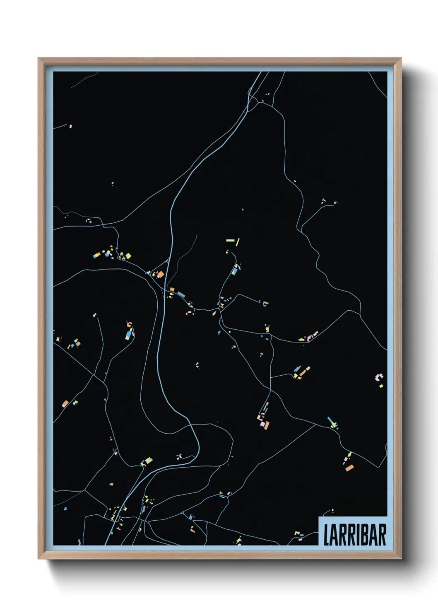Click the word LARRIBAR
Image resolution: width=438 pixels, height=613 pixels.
(x=354, y=535)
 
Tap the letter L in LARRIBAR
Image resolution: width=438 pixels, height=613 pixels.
(x=326, y=535)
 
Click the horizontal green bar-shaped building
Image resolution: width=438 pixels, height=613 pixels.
(x=230, y=240)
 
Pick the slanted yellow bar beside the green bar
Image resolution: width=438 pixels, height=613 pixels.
(x=238, y=242)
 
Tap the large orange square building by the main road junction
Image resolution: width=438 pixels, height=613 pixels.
(x=160, y=274)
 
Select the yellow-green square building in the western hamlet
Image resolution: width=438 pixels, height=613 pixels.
(x=128, y=256)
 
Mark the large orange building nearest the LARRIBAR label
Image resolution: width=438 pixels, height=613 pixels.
(x=349, y=468)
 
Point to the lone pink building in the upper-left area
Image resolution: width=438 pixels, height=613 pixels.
(x=71, y=126)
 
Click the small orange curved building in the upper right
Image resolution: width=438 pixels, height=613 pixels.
(x=335, y=203)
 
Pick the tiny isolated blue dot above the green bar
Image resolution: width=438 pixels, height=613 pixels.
(x=243, y=210)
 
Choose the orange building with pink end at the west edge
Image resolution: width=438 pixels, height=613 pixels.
(x=65, y=403)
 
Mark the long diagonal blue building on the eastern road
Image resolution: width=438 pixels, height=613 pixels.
(x=331, y=422)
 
